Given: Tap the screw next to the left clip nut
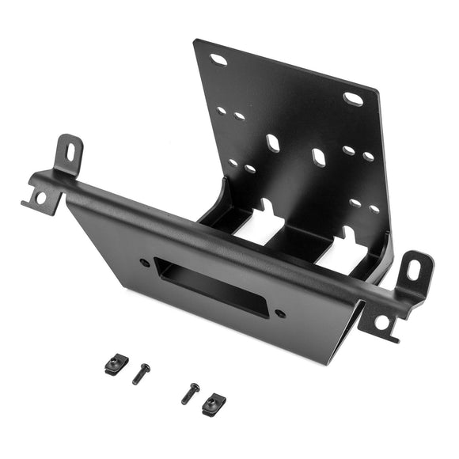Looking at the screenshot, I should (x=140, y=373).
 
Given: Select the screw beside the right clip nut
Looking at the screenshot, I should (x=191, y=393).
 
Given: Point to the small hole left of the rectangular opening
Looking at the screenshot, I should (x=145, y=262).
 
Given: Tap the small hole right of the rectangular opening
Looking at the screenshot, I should (x=280, y=313).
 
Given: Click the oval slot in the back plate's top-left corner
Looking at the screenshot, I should (x=218, y=60).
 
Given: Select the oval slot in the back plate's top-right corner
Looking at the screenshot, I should (x=353, y=99).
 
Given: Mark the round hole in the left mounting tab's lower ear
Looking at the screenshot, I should (x=41, y=197).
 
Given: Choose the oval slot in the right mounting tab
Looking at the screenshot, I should (x=413, y=270).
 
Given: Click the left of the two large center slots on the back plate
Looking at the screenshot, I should (x=273, y=143).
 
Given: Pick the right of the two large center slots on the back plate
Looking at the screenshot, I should (x=319, y=157).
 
